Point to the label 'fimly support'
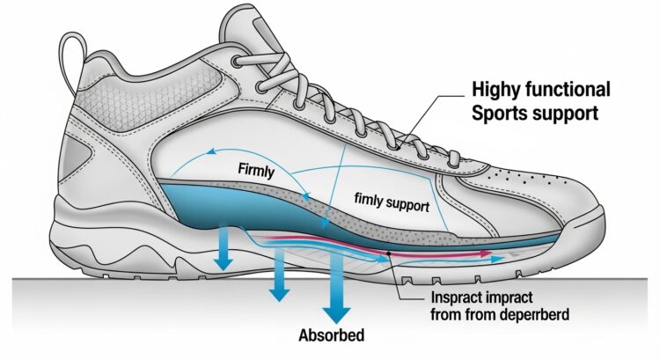coord(390,203)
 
